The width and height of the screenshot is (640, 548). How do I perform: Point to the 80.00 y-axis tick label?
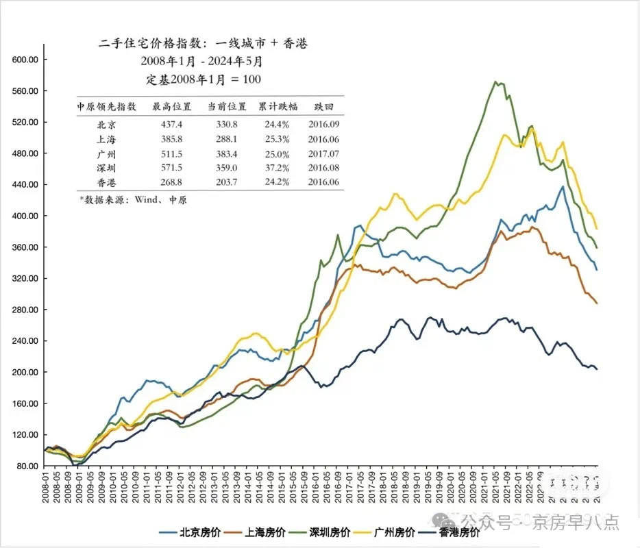click(x=27, y=466)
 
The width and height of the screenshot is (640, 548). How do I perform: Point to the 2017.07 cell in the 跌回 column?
click(x=323, y=153)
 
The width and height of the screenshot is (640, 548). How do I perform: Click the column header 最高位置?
click(x=166, y=106)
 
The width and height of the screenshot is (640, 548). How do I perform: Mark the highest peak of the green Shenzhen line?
click(x=495, y=82)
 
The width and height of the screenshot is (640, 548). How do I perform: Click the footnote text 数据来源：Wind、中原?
click(x=133, y=200)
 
